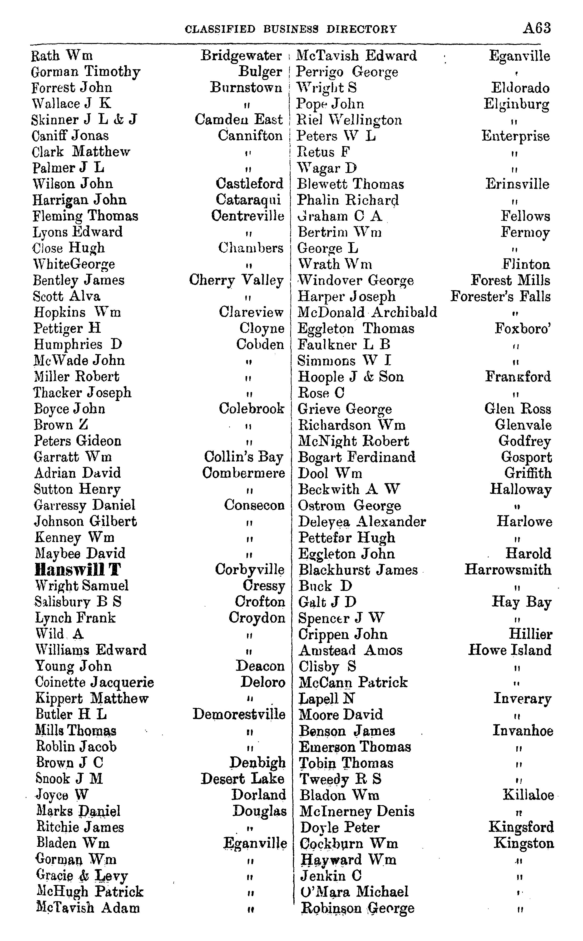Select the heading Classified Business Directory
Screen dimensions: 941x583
click(291, 29)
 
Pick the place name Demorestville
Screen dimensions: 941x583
click(239, 714)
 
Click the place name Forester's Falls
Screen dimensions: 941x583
click(500, 296)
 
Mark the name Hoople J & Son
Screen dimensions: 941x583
click(351, 377)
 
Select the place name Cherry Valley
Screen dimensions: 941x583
click(236, 280)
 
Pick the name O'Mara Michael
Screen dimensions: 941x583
click(354, 892)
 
